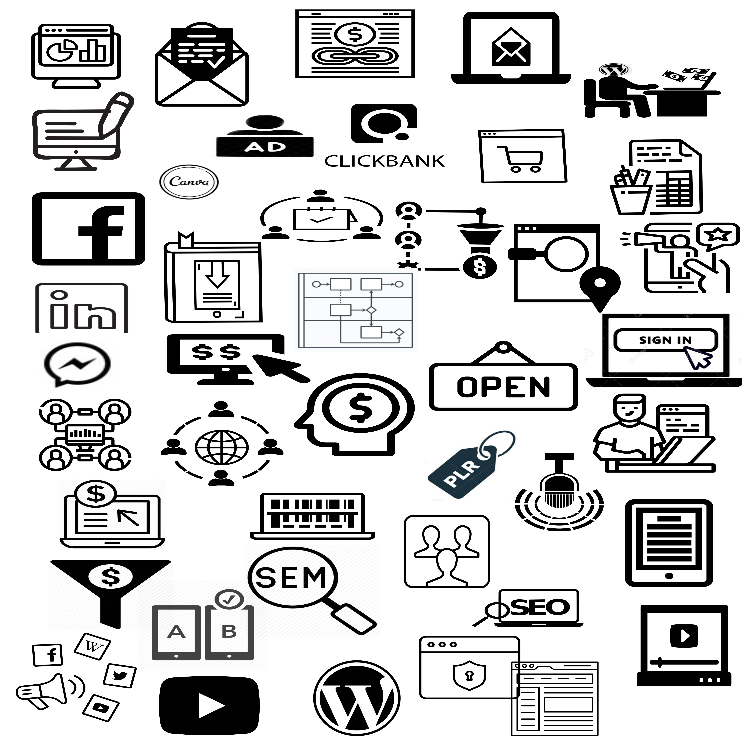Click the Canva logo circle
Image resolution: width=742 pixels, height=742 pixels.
coord(189,182)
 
